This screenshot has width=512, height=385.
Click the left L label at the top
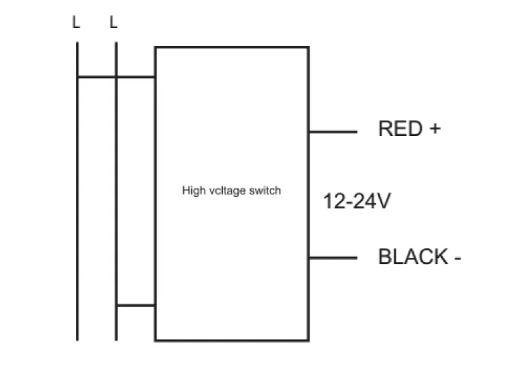(76, 23)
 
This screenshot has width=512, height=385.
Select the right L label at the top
(113, 23)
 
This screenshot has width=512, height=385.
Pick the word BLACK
(412, 257)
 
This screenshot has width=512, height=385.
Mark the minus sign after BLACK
(457, 258)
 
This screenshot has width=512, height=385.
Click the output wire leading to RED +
(333, 131)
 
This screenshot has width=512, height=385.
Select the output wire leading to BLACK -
(333, 258)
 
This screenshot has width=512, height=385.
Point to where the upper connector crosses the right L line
(116, 77)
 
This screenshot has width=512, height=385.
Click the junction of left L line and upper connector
(77, 77)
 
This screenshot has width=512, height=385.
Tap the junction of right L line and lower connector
(116, 305)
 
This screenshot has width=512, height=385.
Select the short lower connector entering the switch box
(135, 305)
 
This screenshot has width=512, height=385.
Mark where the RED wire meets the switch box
(309, 131)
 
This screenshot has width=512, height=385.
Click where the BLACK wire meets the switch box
(309, 258)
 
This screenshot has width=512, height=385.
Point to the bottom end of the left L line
(77, 339)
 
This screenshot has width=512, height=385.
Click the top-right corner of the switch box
(308, 47)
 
